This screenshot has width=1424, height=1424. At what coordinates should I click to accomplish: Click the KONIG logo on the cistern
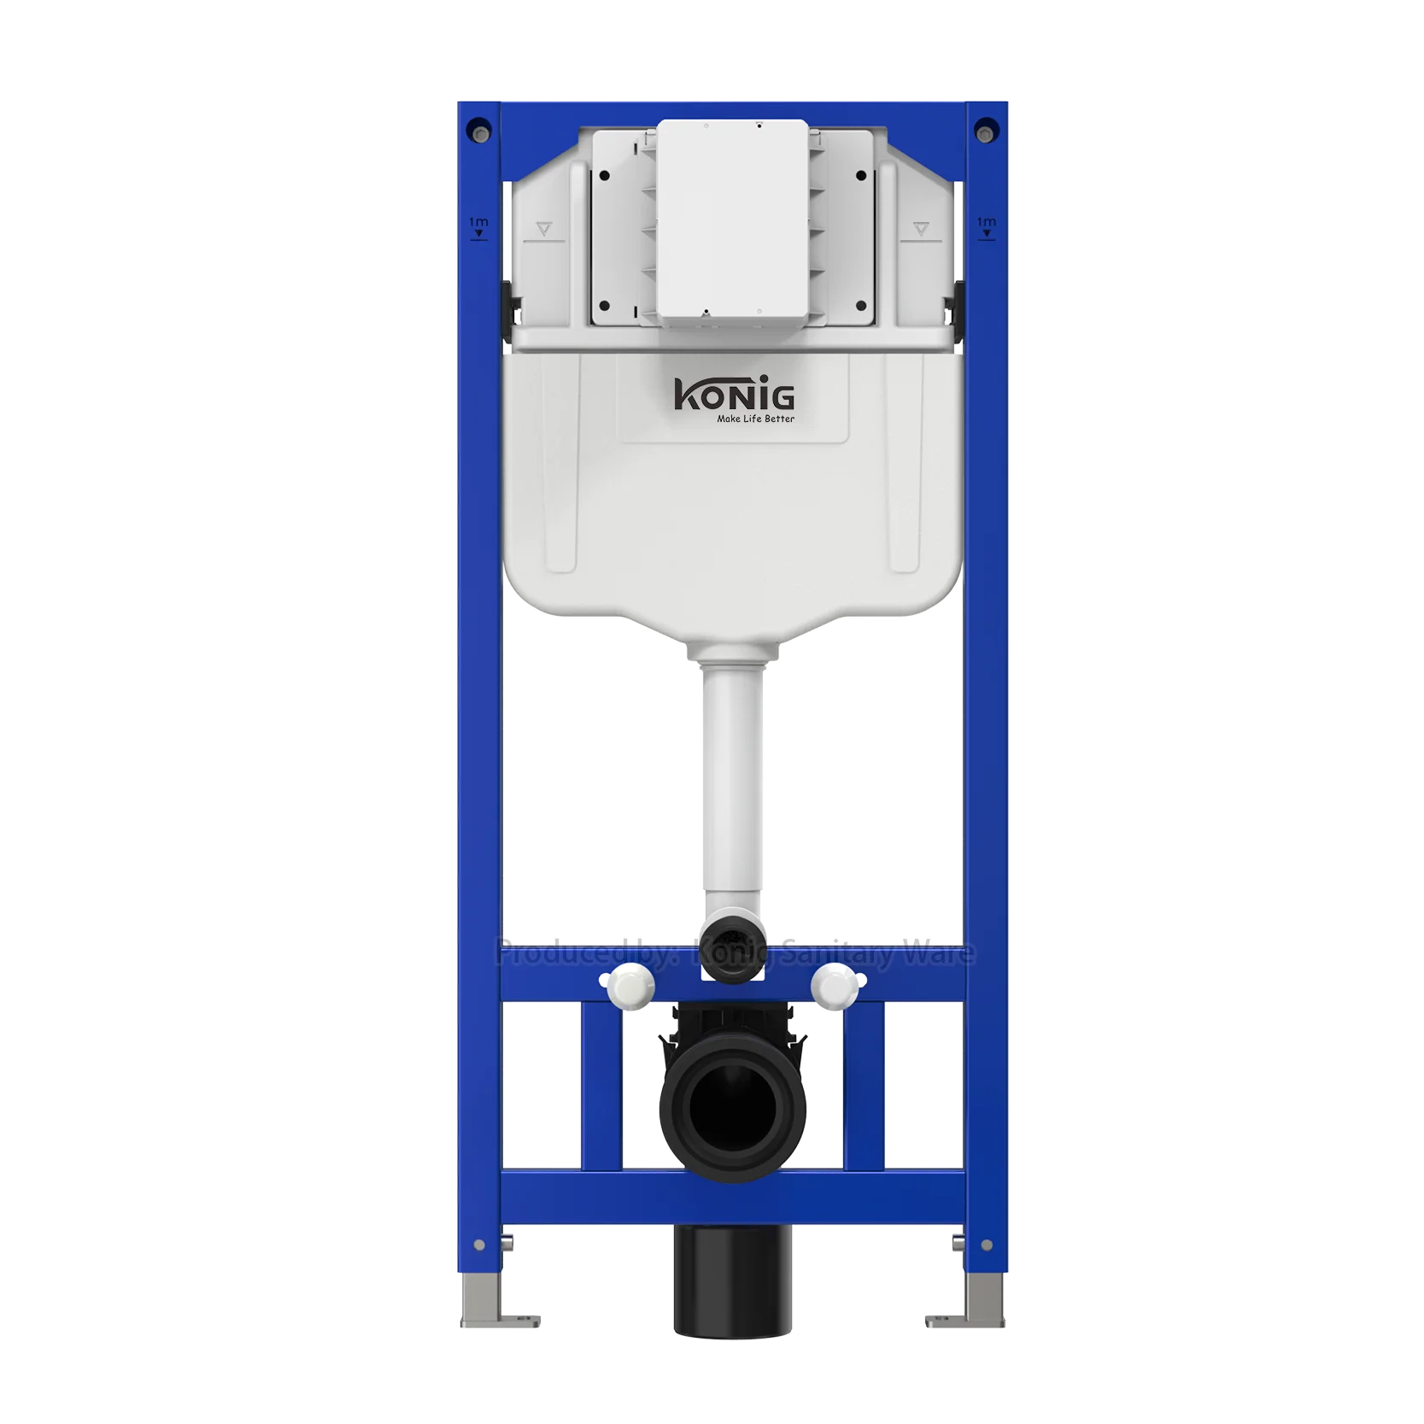[x=734, y=396]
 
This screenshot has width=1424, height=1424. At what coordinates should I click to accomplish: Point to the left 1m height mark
[x=478, y=226]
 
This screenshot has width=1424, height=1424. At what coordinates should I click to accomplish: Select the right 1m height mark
[x=987, y=226]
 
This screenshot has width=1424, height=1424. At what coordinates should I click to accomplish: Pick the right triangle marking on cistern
[x=920, y=229]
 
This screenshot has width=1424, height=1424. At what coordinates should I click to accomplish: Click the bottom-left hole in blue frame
[x=479, y=1245]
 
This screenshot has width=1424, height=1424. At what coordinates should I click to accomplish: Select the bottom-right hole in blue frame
[x=987, y=1245]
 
